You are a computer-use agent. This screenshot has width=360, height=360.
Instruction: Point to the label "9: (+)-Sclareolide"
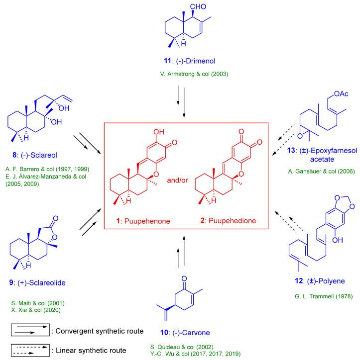pyautogui.click(x=33, y=283)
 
